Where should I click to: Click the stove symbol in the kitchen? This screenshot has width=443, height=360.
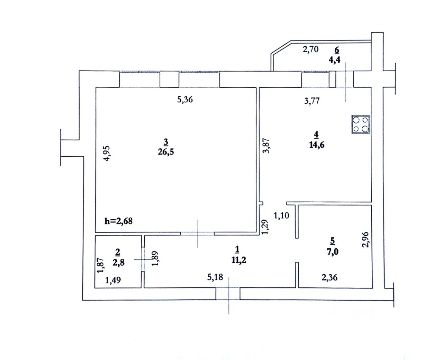361,124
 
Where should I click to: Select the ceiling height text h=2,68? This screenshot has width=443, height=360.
118,221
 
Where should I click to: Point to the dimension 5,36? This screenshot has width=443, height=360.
185,100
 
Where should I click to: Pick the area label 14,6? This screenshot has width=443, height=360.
316,145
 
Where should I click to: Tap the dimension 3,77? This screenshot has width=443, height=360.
312,101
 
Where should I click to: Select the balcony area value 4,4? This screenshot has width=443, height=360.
334,59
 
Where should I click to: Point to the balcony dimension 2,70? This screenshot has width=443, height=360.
310,49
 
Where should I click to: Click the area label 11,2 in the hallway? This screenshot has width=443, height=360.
239,260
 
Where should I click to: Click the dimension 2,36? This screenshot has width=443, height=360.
329,277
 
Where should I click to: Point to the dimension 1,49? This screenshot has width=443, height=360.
113,280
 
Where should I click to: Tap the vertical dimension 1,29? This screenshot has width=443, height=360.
265,227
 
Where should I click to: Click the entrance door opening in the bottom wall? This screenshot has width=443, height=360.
228,294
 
